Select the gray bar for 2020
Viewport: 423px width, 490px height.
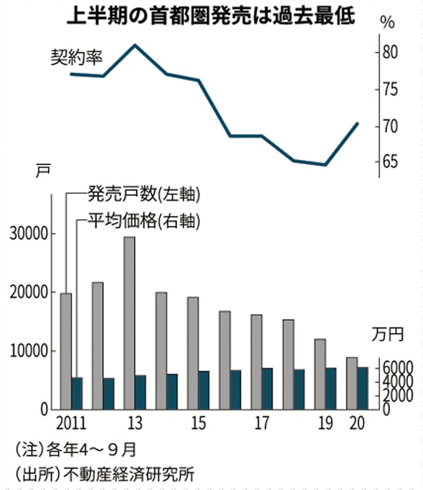351,383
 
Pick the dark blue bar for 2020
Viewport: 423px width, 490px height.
363,388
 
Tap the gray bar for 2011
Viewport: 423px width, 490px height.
66,351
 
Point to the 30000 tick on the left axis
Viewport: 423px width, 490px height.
28,234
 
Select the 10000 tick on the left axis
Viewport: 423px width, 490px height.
28,351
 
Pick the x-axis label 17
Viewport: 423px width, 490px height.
261,424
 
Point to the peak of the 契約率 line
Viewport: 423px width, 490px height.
136,45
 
